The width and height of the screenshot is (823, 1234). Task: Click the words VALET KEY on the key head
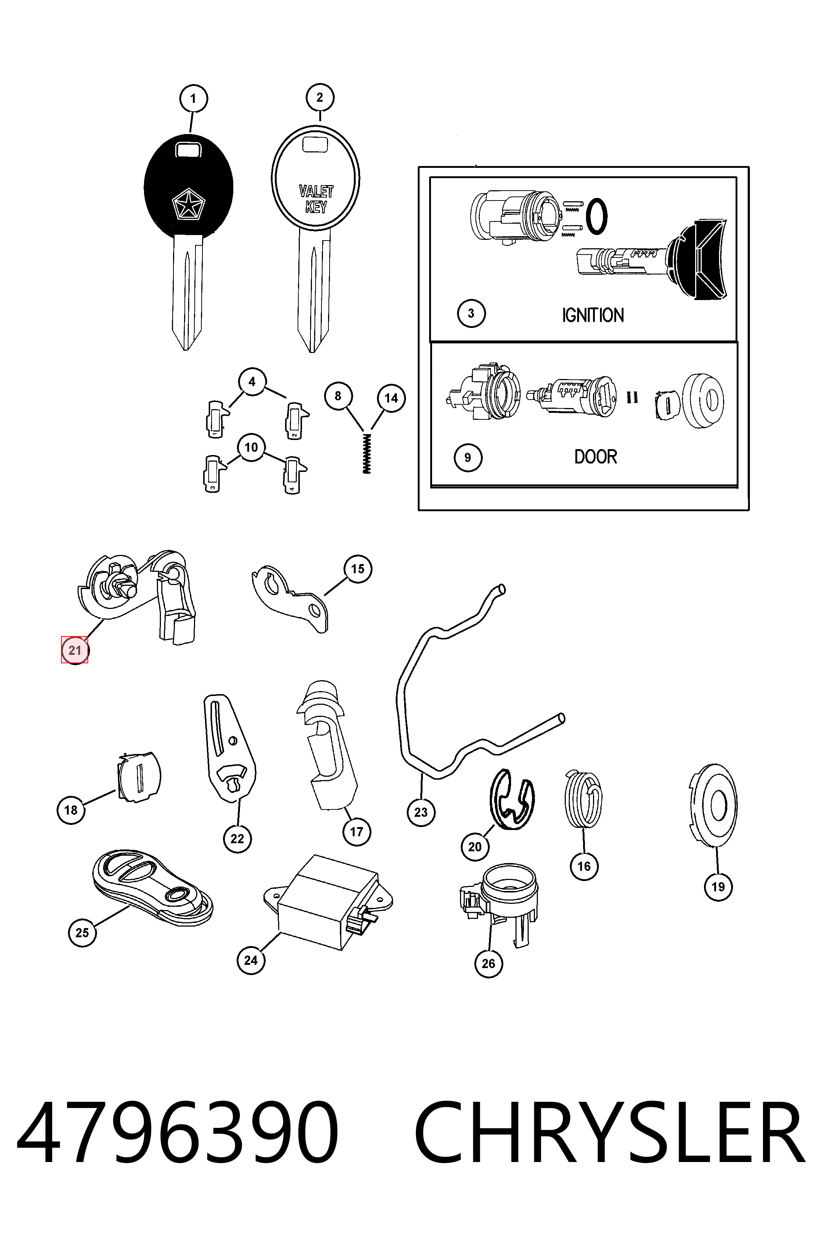tap(316, 199)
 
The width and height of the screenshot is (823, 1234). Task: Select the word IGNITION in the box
tap(593, 315)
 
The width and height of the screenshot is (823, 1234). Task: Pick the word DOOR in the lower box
tap(596, 457)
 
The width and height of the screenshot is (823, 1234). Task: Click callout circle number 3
tap(471, 314)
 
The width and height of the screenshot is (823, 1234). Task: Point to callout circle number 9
tap(468, 458)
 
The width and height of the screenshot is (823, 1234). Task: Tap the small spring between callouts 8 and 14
tap(367, 453)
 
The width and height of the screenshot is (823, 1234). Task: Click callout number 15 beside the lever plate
tap(357, 569)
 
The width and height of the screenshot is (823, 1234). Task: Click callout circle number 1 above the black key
tap(193, 99)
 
